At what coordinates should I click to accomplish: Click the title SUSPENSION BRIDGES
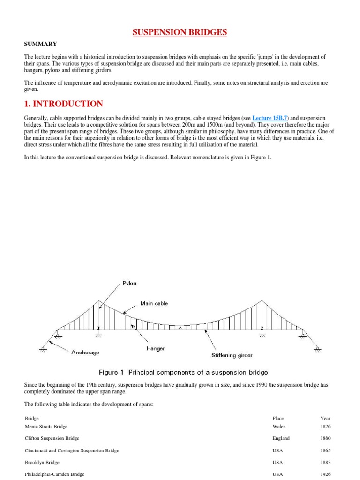click(180, 32)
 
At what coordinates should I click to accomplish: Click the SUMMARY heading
click(40, 44)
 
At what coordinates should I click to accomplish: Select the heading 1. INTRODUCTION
click(63, 104)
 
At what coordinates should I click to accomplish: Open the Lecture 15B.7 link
click(270, 118)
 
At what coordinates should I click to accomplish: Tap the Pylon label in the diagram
click(129, 283)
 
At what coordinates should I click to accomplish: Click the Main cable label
click(154, 303)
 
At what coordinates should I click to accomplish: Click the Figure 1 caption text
click(183, 372)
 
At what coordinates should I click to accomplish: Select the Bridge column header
click(31, 418)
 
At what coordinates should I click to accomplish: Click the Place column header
click(278, 418)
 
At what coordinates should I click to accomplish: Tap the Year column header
click(325, 418)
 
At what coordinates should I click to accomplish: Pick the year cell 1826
click(325, 427)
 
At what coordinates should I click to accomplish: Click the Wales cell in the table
click(278, 427)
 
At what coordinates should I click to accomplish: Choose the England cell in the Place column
click(281, 438)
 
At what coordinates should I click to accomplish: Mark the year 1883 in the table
click(325, 463)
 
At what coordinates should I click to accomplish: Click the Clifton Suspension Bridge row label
click(52, 438)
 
